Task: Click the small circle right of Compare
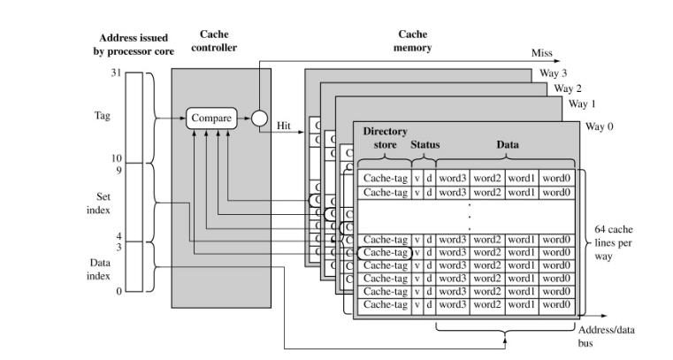tap(258, 118)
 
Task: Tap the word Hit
tap(284, 126)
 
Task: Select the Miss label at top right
tap(541, 53)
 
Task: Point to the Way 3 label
tap(553, 73)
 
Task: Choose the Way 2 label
tap(568, 88)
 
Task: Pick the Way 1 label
tap(583, 104)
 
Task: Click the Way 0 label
tap(600, 126)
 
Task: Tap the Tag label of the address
tap(102, 116)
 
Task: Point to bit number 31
tap(114, 71)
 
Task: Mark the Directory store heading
tap(385, 137)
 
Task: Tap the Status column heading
tap(424, 143)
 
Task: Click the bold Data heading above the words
tap(508, 143)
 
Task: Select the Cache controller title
tap(213, 41)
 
